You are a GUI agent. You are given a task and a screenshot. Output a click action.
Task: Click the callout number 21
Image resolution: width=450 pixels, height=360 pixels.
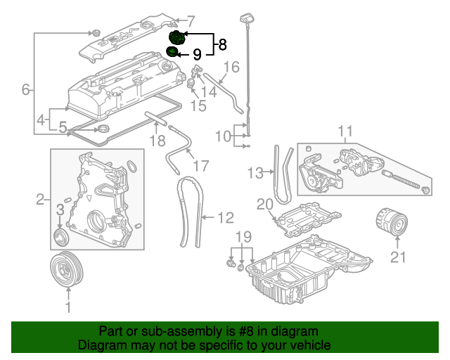[x=399, y=257]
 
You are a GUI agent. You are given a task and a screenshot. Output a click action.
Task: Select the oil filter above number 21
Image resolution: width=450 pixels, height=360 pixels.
[x=392, y=222]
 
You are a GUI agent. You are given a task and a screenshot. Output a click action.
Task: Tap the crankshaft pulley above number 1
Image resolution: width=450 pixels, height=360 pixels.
[x=66, y=269]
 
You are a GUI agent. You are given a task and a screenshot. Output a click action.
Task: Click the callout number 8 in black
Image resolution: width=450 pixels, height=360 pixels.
[x=222, y=45]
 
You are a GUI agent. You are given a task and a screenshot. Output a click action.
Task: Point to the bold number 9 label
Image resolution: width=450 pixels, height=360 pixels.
[x=197, y=54]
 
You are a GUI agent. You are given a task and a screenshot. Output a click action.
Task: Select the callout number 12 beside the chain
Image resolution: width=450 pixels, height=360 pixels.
[x=226, y=218]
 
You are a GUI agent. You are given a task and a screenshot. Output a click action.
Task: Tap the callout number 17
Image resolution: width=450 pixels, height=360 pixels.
[x=201, y=166]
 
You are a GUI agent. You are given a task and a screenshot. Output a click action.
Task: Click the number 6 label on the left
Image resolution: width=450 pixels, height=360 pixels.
[x=26, y=90]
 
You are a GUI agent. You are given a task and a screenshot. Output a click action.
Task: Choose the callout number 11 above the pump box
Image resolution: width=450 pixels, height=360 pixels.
[x=345, y=131]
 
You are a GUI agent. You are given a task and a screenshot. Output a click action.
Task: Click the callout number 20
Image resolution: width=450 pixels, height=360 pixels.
[x=264, y=205]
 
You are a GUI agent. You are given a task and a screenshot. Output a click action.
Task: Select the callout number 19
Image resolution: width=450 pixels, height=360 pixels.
[x=243, y=237]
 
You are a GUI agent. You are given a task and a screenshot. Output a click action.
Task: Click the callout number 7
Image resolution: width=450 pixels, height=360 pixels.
[x=191, y=22]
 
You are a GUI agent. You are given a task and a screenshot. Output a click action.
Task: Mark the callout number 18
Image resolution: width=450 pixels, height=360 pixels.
[x=157, y=141]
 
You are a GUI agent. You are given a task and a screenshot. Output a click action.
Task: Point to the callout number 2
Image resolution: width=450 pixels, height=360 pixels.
[x=40, y=199]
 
